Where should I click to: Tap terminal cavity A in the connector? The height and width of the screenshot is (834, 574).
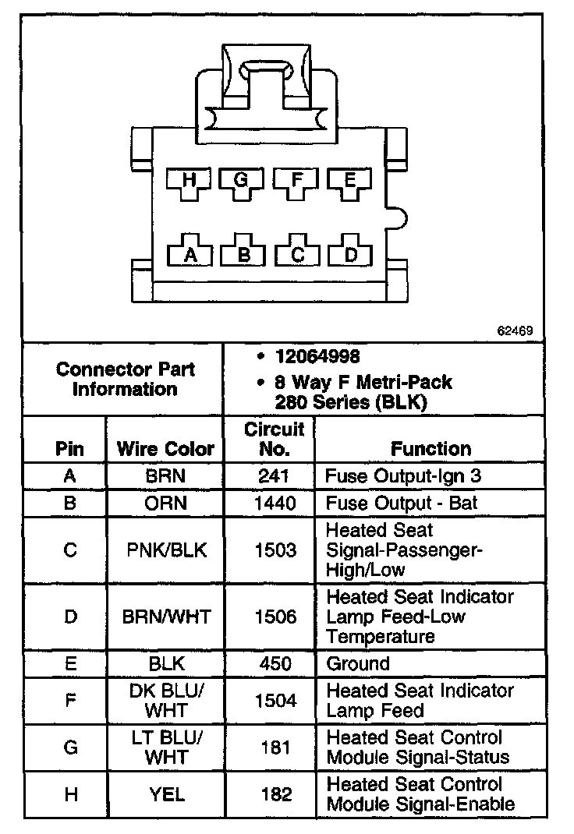coord(188,253)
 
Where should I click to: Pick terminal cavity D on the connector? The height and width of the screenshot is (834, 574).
coord(350,253)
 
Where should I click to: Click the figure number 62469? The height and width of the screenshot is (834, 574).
coord(516,330)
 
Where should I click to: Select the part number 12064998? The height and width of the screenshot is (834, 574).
coord(317,357)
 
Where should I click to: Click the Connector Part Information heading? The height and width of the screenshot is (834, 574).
coord(125,379)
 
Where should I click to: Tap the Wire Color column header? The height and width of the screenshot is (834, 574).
coord(165,449)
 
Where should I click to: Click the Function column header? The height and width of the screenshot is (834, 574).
coord(430,449)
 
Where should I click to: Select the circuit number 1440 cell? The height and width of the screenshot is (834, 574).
coord(275,504)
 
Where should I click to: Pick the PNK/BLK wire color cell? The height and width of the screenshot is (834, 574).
coord(166,550)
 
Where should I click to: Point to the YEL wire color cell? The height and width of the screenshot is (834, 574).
coord(166,794)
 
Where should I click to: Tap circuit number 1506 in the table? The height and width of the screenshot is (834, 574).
coord(275,617)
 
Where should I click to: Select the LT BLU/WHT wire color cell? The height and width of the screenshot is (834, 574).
coord(166,747)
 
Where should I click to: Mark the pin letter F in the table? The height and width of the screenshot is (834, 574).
coord(70,701)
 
